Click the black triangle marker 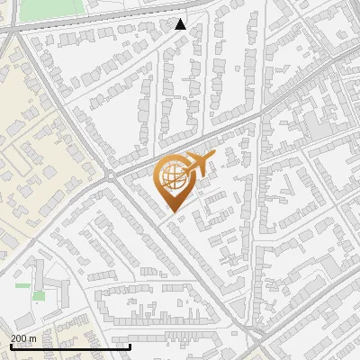(181, 24)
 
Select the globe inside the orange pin (172, 177)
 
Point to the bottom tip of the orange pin (172, 212)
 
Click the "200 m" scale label (23, 338)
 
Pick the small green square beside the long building (39, 295)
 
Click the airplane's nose (214, 157)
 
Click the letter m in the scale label (33, 338)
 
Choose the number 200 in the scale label (19, 338)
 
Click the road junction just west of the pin (110, 174)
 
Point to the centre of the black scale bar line (70, 346)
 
